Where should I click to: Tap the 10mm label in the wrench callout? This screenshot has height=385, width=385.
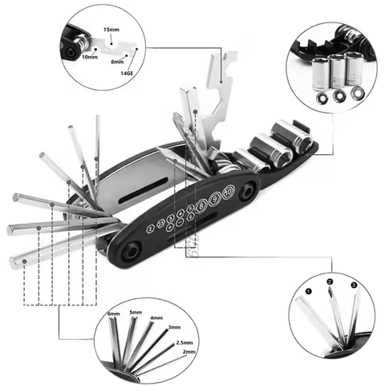[x=90, y=56]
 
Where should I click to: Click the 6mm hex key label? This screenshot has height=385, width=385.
[x=114, y=314]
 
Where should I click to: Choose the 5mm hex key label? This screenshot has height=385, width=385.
[x=136, y=312]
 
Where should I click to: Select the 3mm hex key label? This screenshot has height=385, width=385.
[x=173, y=328]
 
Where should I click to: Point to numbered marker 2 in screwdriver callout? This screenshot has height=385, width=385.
[x=329, y=282]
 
